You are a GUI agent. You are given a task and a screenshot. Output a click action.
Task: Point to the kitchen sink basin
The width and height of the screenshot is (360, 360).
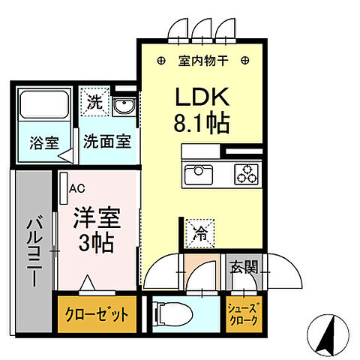click(199, 175)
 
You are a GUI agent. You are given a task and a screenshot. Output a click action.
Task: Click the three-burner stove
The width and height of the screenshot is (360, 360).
click(245, 175)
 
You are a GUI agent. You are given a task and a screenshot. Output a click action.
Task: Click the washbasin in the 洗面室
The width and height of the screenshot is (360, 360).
click(125, 107)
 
